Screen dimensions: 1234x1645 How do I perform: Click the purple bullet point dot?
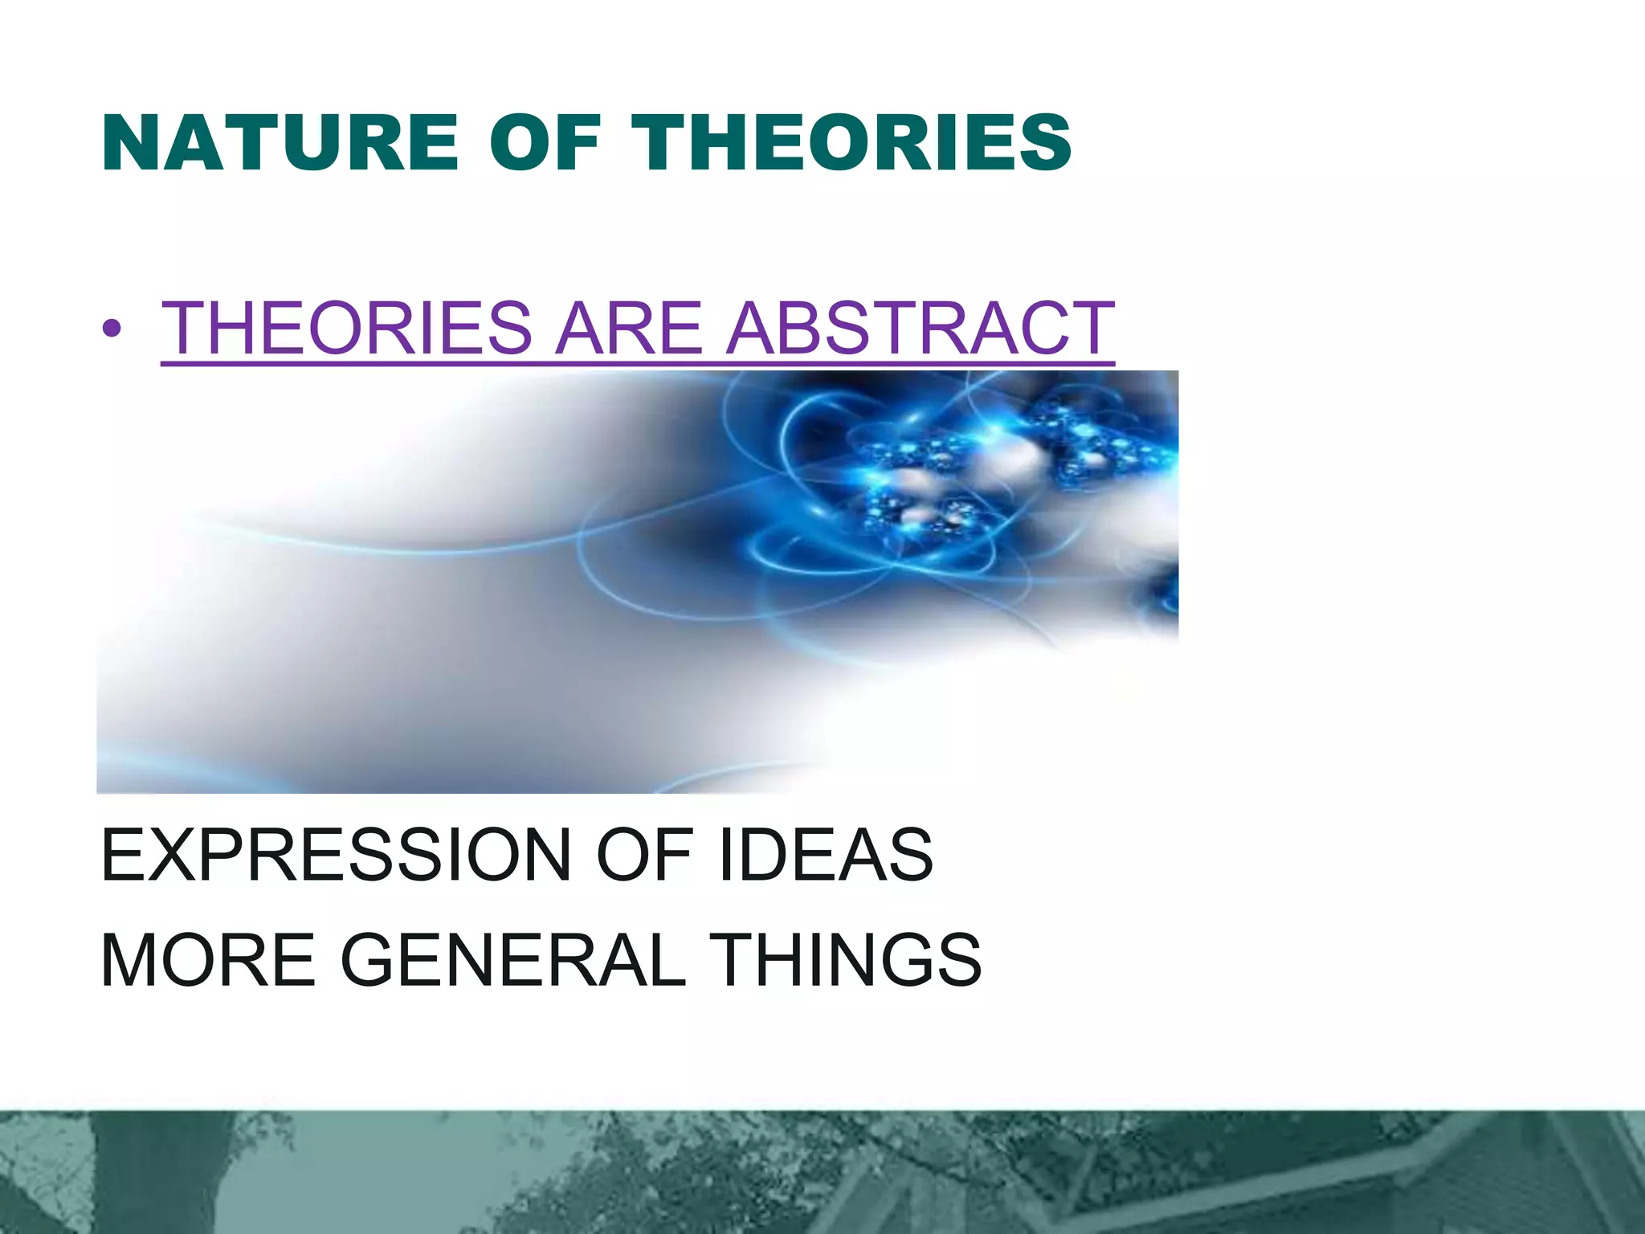(112, 329)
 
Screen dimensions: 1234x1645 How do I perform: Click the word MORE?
(208, 961)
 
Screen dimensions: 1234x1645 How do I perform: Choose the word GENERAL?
(514, 961)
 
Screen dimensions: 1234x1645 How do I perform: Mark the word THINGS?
(848, 961)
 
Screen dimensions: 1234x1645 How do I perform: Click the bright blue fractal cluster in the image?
(964, 474)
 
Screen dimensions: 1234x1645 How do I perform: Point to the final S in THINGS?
(957, 961)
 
